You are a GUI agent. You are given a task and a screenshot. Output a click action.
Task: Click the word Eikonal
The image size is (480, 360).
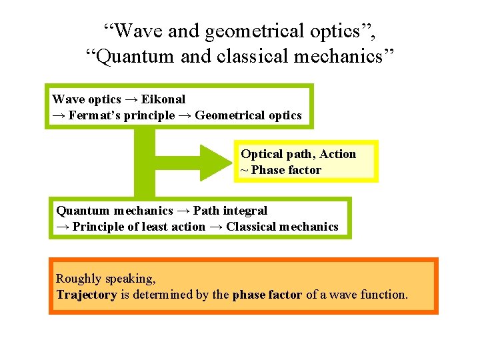pyautogui.click(x=163, y=99)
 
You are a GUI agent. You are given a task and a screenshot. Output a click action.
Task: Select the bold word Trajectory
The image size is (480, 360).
pyautogui.click(x=87, y=294)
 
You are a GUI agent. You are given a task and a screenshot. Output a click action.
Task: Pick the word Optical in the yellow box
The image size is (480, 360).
pyautogui.click(x=261, y=154)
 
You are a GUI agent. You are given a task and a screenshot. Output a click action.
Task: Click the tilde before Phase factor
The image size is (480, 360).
pyautogui.click(x=244, y=170)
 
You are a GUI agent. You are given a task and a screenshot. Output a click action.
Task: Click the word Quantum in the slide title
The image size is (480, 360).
pyautogui.click(x=136, y=56)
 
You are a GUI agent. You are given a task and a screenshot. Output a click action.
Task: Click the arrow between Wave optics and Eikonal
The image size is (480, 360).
pyautogui.click(x=131, y=99)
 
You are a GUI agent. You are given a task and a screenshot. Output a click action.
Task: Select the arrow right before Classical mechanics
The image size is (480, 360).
pyautogui.click(x=216, y=227)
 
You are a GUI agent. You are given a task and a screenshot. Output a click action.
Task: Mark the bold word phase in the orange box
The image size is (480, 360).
pyautogui.click(x=249, y=294)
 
